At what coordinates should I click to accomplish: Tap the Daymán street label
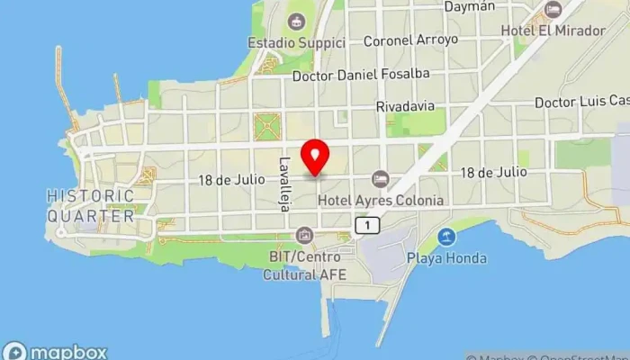click(470, 7)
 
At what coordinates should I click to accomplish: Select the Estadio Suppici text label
click(296, 42)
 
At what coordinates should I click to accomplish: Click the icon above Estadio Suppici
click(295, 21)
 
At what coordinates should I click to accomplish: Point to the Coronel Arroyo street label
click(410, 40)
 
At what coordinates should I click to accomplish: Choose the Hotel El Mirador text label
click(553, 31)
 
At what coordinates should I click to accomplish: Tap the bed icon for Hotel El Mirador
click(553, 10)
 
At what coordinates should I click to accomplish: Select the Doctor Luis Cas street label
click(580, 103)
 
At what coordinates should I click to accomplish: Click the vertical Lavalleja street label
click(284, 184)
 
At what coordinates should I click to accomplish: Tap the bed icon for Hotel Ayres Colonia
click(380, 179)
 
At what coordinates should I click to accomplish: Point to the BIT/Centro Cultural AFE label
click(305, 265)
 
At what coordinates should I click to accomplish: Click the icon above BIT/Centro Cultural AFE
click(304, 236)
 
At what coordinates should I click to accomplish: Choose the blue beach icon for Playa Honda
click(445, 238)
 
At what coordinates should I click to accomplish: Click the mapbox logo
click(55, 352)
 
